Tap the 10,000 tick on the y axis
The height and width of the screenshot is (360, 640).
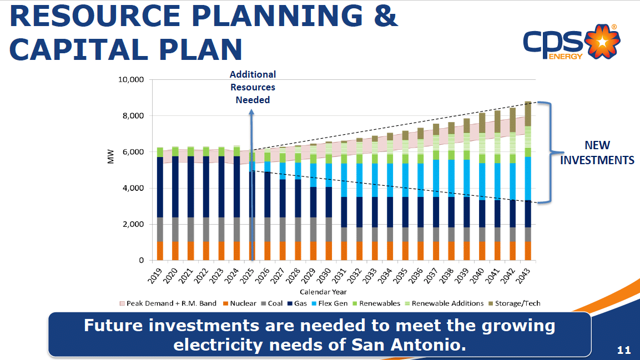[132, 80]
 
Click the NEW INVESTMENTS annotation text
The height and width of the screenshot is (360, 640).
[597, 153]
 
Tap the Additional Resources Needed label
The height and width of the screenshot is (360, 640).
[253, 87]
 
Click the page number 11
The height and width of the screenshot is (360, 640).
[624, 350]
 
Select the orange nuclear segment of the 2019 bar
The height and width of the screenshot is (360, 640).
[160, 251]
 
